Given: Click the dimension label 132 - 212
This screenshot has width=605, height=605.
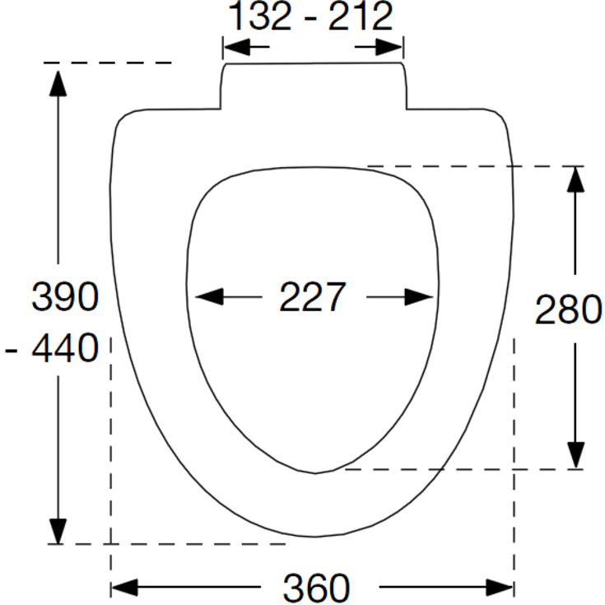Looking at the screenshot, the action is [311, 16].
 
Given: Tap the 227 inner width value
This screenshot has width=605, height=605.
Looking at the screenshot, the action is [313, 296].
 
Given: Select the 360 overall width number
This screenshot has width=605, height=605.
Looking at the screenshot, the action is [316, 588].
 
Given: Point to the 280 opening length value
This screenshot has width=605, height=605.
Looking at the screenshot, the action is [568, 309].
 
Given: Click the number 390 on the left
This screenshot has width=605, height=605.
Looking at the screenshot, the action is [65, 296].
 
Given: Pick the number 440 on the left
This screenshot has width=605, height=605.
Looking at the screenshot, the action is [65, 347].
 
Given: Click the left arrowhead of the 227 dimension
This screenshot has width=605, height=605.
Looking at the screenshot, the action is [210, 296].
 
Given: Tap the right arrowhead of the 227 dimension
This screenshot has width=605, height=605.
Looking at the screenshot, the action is [419, 296].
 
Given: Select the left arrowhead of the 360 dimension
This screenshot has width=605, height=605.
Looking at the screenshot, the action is [124, 587].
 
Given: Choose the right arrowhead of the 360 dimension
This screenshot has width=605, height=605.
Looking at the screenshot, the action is [500, 587].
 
